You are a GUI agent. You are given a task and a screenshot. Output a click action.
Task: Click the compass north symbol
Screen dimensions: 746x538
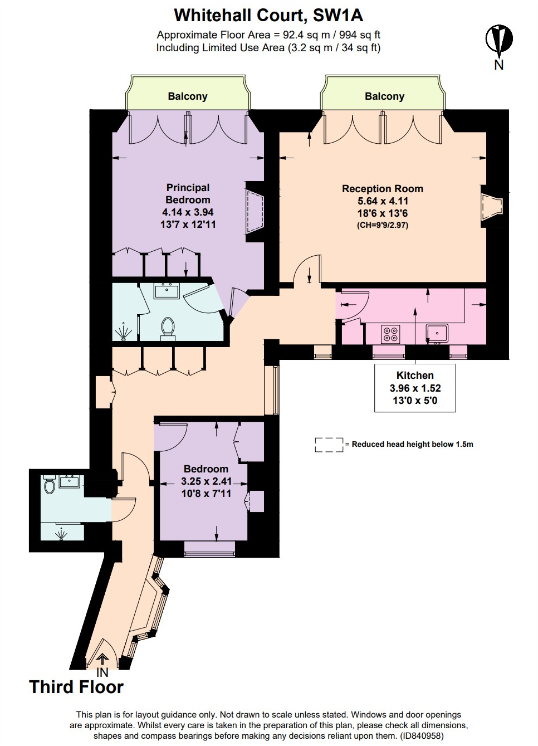498,40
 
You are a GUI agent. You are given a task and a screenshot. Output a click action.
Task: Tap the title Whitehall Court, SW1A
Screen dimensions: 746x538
268,15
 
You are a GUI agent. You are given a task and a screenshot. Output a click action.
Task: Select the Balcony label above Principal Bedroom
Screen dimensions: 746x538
188,96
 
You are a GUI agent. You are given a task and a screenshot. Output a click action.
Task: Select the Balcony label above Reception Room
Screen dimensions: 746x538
384,96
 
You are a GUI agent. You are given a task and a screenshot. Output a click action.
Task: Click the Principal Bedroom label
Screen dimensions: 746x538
188,194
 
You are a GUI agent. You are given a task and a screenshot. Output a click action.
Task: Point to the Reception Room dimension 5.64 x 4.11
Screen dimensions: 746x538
383,201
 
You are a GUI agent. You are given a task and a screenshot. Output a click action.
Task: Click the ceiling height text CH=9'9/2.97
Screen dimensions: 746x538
383,226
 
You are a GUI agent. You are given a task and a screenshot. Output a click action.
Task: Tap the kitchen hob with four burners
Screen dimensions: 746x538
390,334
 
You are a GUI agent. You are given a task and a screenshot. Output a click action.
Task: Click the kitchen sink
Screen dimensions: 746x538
437,333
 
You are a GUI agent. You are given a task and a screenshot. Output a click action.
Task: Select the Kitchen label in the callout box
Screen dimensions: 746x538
415,376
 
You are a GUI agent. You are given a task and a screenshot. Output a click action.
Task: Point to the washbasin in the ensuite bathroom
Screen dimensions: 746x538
166,291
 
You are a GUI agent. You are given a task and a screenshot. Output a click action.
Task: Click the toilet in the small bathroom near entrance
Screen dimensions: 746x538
50,486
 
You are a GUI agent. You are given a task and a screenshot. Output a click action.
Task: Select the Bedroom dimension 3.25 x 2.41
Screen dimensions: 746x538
206,481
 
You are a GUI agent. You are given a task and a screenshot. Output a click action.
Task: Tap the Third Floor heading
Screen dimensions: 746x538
76,687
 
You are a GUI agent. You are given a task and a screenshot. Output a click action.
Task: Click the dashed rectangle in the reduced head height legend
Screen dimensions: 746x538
329,445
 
